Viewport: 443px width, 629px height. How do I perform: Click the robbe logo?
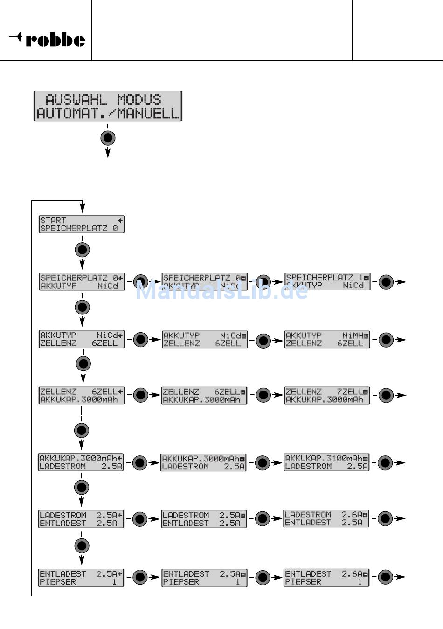coord(48,39)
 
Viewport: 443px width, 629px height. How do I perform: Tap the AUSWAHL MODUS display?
coord(108,106)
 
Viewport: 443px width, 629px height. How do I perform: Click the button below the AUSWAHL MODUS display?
coord(108,138)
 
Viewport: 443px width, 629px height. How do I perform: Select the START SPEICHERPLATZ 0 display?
coord(82,224)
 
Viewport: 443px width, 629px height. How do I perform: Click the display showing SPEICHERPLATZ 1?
coord(327,282)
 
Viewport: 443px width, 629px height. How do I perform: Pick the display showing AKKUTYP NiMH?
coord(327,339)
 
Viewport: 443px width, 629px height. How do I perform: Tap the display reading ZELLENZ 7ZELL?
coord(327,396)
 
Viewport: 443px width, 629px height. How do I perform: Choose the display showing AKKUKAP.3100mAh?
coord(326,462)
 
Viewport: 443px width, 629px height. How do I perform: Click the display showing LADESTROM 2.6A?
coord(326,518)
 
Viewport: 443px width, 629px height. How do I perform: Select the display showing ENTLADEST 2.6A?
coord(326,578)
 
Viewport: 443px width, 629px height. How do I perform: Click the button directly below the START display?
coord(82,250)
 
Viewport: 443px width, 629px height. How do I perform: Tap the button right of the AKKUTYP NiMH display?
coord(386,340)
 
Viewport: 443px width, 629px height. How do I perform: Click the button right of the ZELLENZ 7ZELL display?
coord(386,395)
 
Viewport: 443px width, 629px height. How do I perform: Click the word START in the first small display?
coord(53,220)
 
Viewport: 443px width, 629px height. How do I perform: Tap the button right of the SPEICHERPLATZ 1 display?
coord(386,282)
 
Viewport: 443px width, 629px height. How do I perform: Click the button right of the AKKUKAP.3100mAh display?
coord(385,463)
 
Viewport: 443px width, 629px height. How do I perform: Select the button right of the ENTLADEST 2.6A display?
coord(385,577)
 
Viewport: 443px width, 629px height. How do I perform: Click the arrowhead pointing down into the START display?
coord(82,209)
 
